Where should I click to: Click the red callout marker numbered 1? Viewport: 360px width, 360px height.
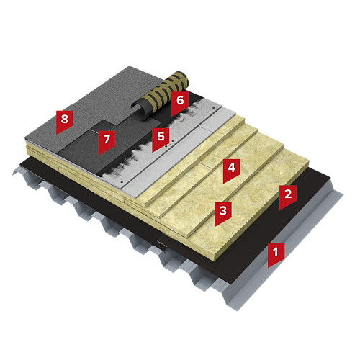pyautogui.click(x=276, y=254)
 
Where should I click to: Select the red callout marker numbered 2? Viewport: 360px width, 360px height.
pyautogui.click(x=288, y=197)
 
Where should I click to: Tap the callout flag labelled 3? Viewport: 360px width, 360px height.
pyautogui.click(x=223, y=213)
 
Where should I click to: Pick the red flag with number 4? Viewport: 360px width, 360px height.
pyautogui.click(x=231, y=170)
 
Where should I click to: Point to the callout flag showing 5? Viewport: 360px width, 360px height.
pyautogui.click(x=161, y=139)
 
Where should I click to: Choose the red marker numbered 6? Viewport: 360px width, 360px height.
pyautogui.click(x=180, y=102)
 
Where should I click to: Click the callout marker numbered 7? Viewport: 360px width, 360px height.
pyautogui.click(x=107, y=141)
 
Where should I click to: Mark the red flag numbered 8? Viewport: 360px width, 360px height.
pyautogui.click(x=65, y=121)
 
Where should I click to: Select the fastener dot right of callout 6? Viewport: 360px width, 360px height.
pyautogui.click(x=213, y=108)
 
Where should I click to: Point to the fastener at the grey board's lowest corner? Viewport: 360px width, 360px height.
pyautogui.click(x=122, y=181)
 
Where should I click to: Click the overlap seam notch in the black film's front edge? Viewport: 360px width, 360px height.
pyautogui.click(x=161, y=243)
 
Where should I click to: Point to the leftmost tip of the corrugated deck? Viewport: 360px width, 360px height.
pyautogui.click(x=12, y=175)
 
